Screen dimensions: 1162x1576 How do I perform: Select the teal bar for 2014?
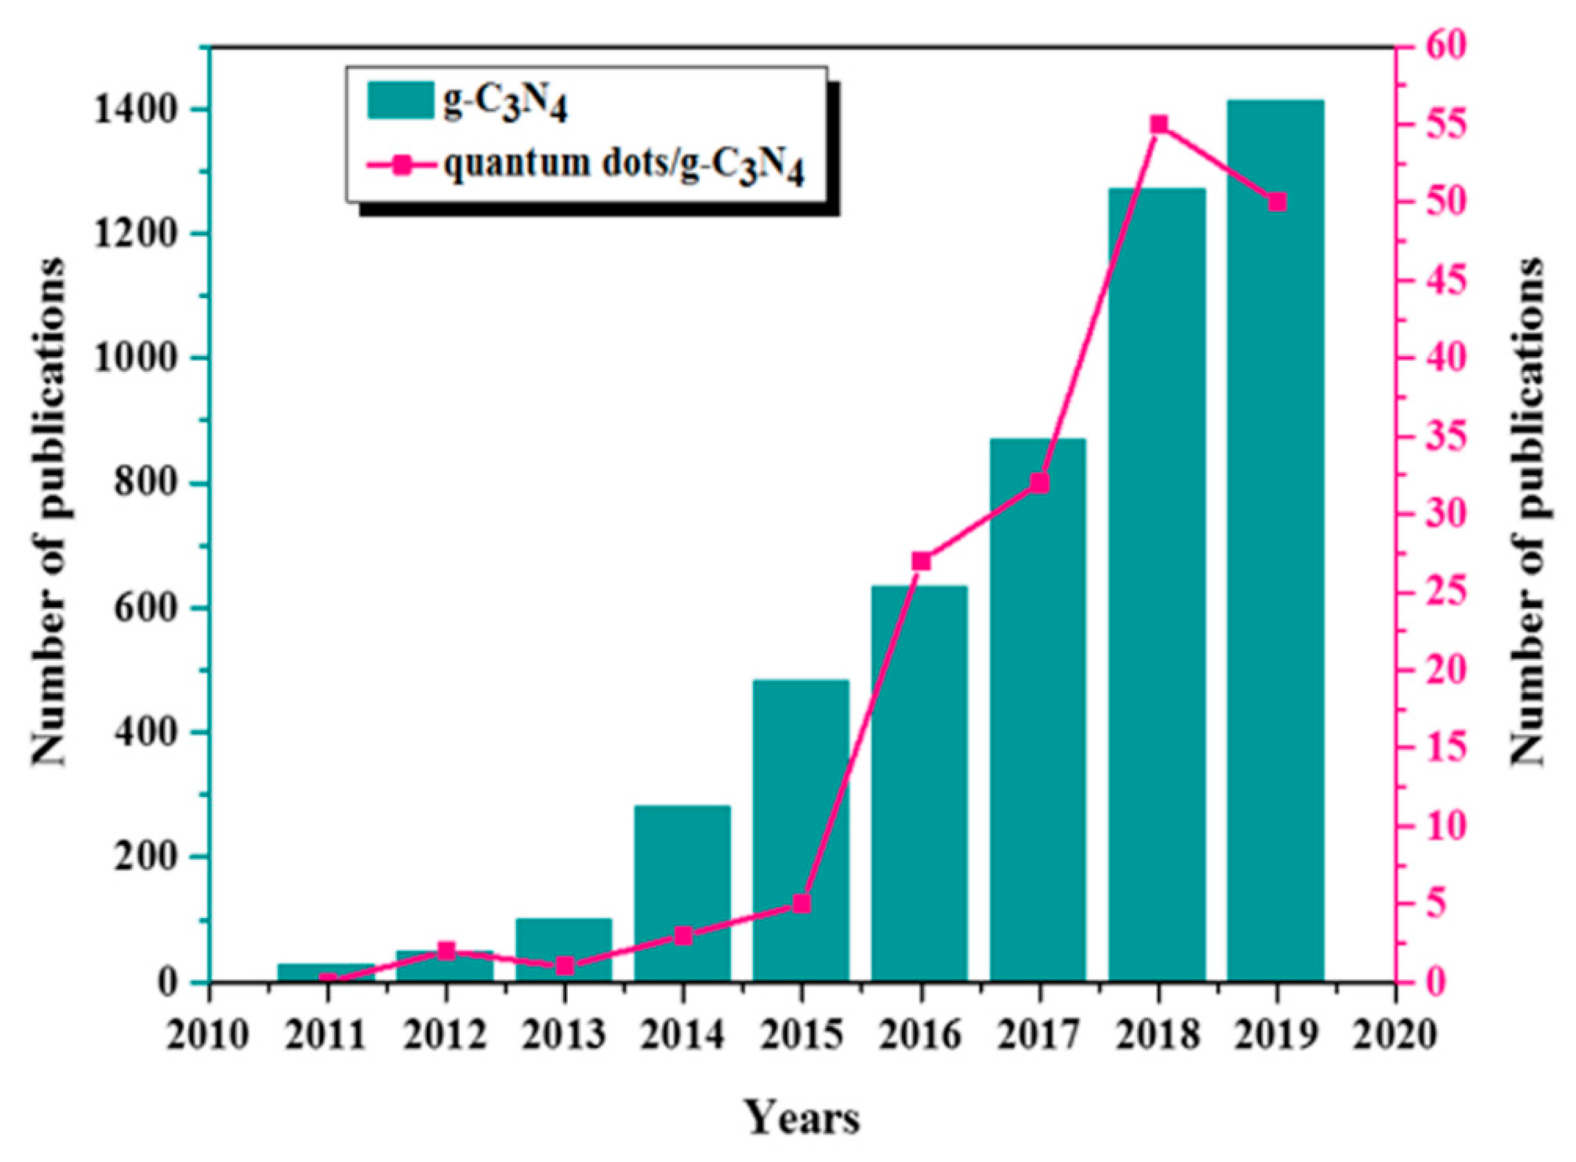pos(682,894)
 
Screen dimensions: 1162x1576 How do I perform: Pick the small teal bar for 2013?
pos(564,949)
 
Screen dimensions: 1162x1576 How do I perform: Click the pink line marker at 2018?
pos(1159,125)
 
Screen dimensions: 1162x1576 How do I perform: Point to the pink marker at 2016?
pos(921,561)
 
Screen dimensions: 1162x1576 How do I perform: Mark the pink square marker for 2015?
pos(802,904)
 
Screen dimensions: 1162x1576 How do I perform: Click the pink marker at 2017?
pos(1040,483)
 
